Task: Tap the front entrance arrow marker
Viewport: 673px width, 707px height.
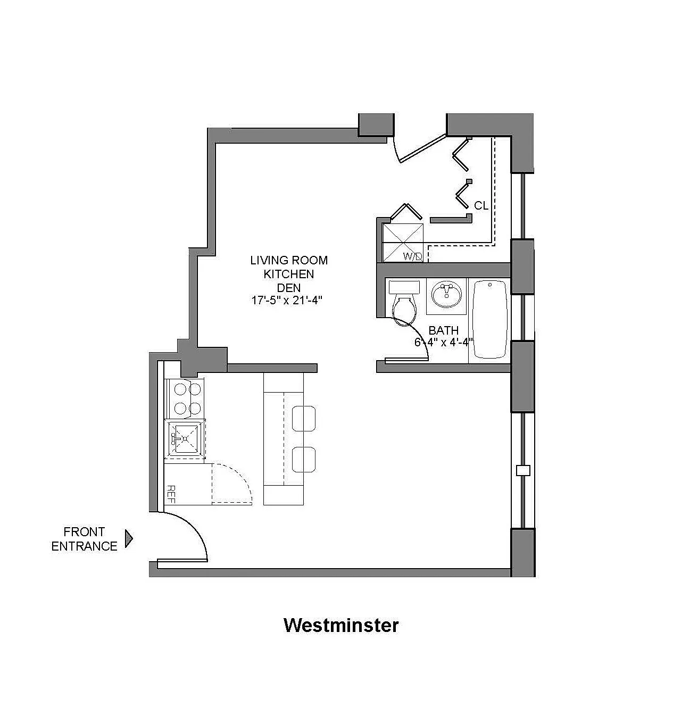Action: [128, 538]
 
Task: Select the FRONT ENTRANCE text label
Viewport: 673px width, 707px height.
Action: [84, 539]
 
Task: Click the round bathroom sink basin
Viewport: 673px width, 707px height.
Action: [446, 295]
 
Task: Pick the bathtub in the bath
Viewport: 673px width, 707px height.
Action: [489, 319]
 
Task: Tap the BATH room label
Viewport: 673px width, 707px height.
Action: [443, 330]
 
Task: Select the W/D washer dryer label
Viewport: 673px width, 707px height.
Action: [412, 256]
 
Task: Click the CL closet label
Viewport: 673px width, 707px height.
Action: [481, 206]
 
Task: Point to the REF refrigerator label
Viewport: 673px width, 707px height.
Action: [171, 494]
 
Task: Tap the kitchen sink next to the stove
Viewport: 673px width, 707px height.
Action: [185, 439]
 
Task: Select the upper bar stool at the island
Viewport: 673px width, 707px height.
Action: [304, 418]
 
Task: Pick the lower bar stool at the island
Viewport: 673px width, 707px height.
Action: [304, 459]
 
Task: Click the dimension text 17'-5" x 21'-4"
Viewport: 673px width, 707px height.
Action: [286, 300]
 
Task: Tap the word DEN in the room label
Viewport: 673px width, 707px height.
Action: [289, 288]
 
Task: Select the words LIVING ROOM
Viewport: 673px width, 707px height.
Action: [289, 260]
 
